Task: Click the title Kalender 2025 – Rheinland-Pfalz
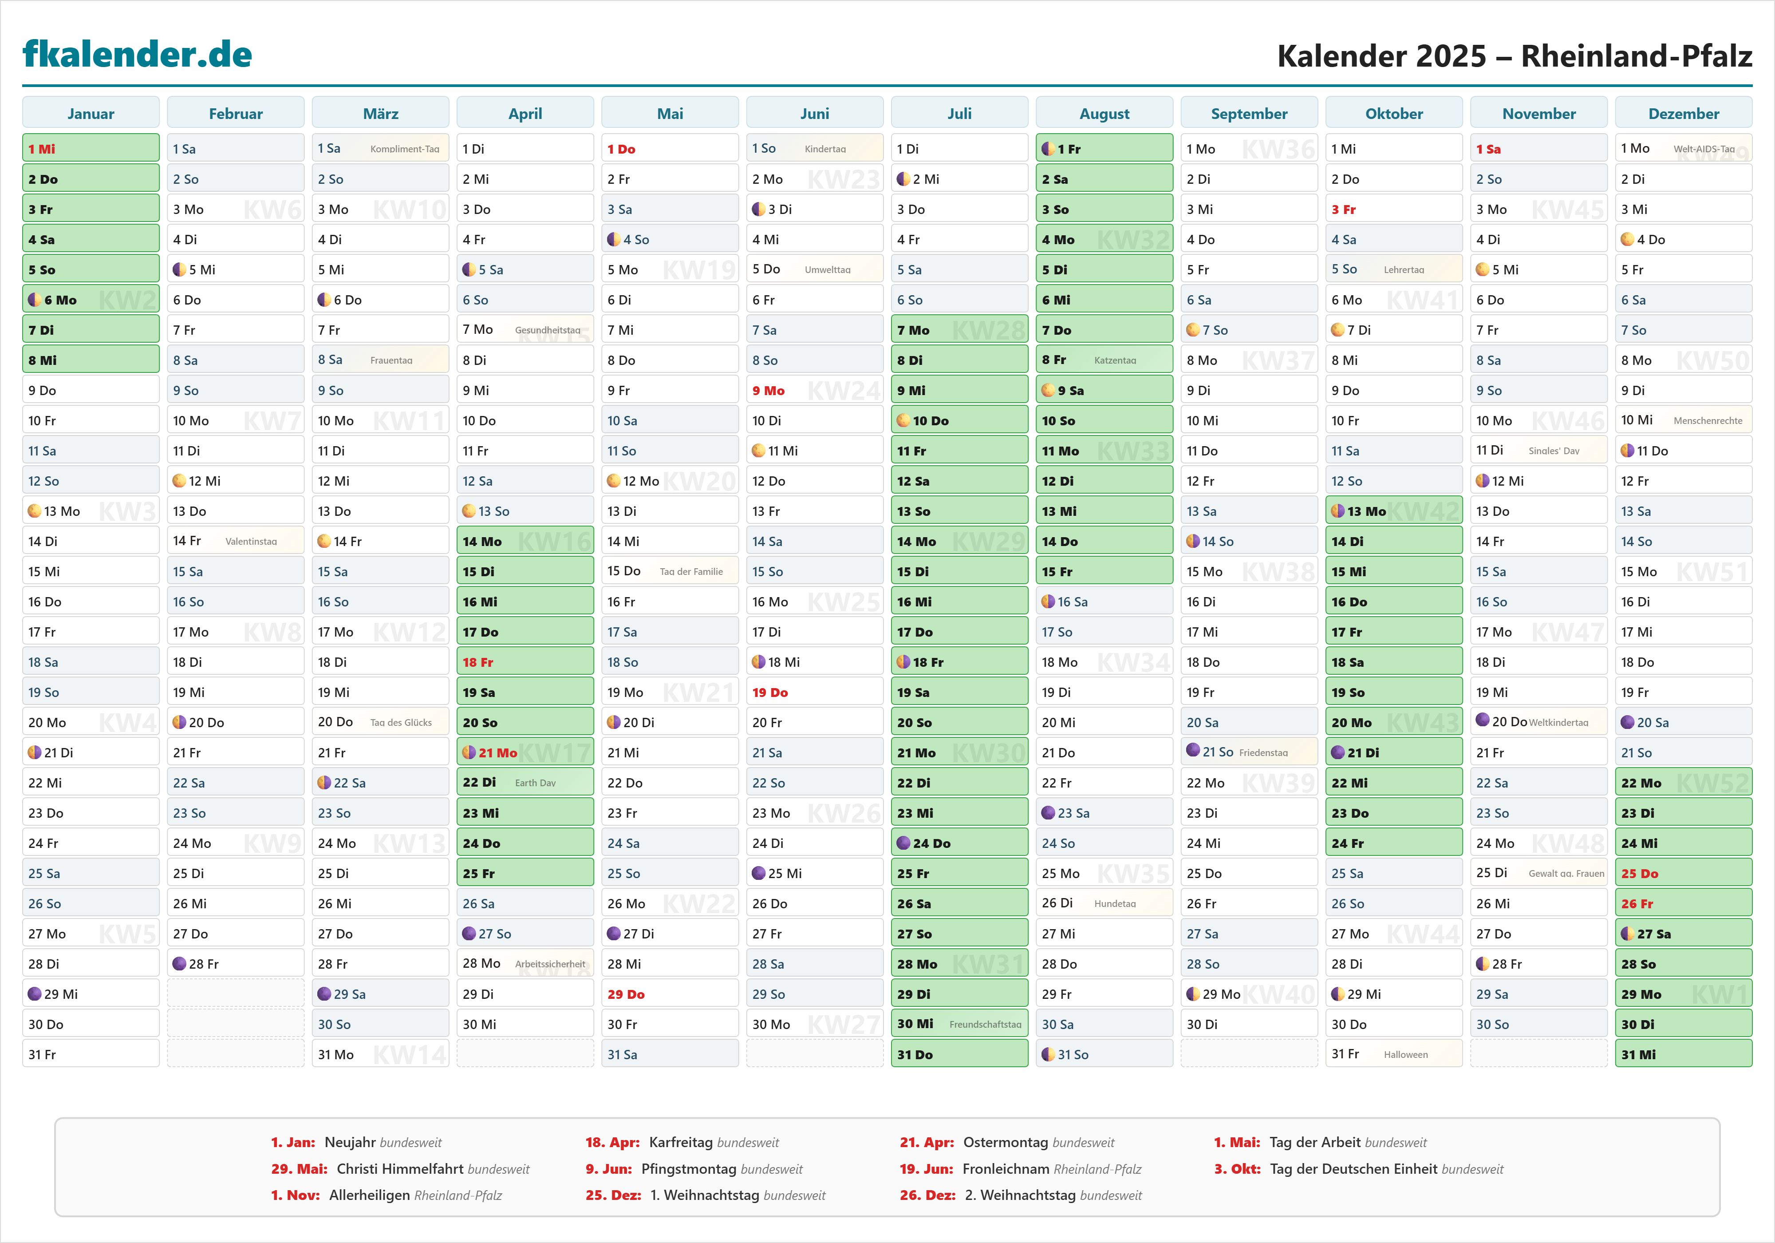coord(1514,55)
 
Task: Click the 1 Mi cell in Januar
coord(91,149)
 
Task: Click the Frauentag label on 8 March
coord(391,360)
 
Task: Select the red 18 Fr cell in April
coord(525,662)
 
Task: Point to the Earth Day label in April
coord(535,783)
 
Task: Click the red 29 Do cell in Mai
coord(670,994)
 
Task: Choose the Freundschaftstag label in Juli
coord(985,1024)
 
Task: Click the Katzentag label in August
coord(1115,360)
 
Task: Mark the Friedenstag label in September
coord(1263,752)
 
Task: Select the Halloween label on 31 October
coord(1405,1054)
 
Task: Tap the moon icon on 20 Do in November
coord(1482,720)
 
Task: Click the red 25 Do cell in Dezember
coord(1683,873)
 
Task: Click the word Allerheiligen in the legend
coord(370,1195)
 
